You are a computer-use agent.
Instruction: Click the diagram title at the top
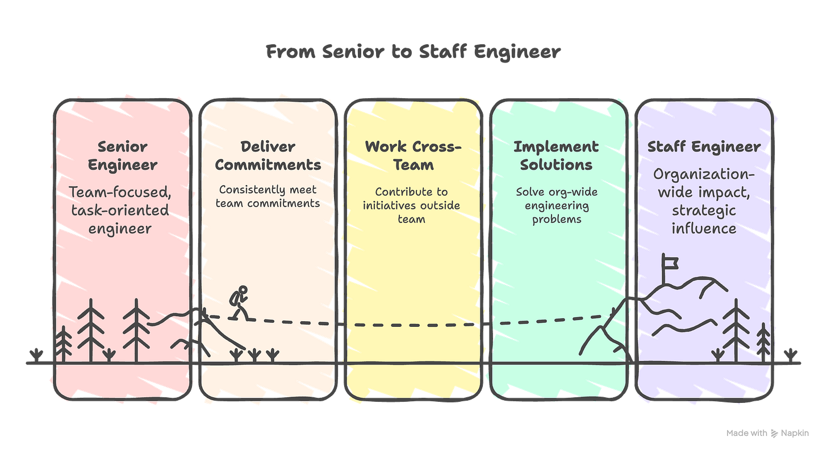[x=413, y=53]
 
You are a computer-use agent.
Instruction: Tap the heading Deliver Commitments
[x=268, y=155]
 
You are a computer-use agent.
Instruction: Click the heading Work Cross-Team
[x=413, y=155]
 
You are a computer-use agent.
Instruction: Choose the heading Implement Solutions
[x=555, y=155]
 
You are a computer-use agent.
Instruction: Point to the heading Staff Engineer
[x=704, y=147]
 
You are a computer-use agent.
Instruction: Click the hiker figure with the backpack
[x=239, y=302]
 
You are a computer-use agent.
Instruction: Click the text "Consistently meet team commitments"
[x=268, y=196]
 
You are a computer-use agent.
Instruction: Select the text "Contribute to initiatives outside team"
[x=411, y=205]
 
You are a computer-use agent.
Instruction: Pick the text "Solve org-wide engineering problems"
[x=556, y=205]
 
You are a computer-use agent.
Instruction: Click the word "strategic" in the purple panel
[x=704, y=211]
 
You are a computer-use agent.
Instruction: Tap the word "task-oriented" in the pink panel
[x=120, y=210]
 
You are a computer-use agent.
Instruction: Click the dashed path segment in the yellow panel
[x=413, y=326]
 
